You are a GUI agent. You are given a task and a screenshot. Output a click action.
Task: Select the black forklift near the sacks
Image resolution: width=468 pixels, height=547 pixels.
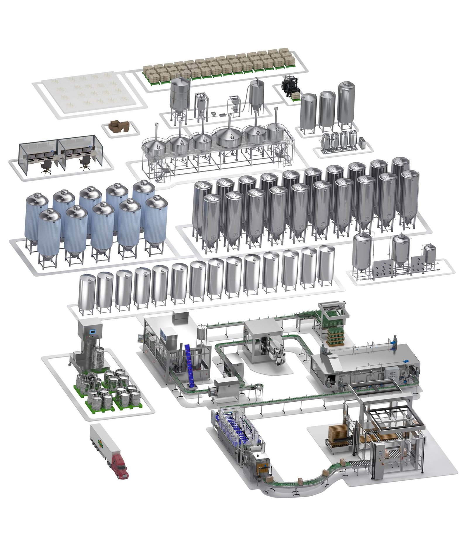click(x=290, y=86)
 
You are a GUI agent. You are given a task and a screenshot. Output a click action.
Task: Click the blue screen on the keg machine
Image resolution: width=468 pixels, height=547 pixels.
click(x=93, y=332)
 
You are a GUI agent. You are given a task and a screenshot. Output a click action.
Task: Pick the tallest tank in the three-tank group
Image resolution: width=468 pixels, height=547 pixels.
click(x=346, y=103)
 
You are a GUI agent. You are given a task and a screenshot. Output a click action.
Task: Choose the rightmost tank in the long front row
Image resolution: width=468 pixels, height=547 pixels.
click(x=326, y=264)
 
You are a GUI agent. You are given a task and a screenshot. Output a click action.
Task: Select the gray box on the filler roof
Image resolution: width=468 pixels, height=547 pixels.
click(x=181, y=317)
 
